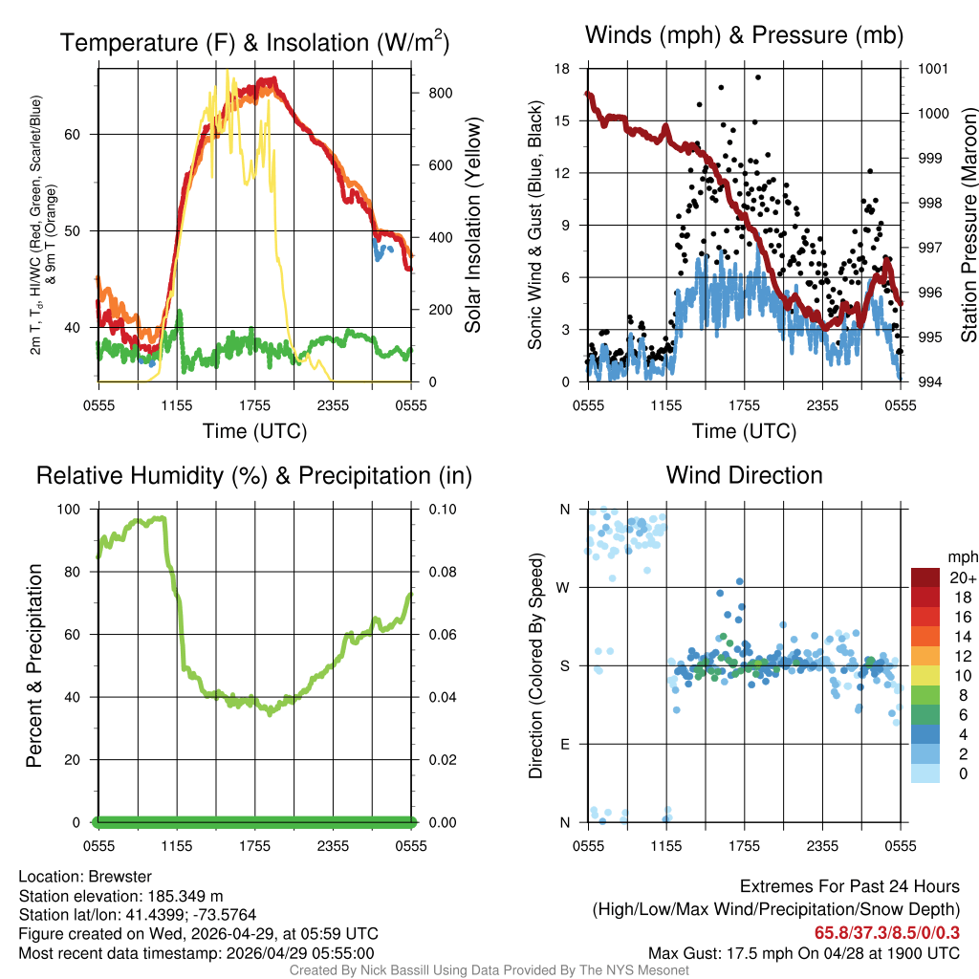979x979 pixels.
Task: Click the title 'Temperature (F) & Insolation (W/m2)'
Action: (x=254, y=42)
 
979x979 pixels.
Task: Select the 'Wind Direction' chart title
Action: (x=744, y=475)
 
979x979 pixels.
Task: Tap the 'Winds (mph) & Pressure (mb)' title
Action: (x=744, y=36)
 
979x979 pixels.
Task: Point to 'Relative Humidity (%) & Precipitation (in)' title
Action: (x=254, y=475)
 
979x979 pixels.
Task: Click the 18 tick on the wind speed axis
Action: (x=562, y=69)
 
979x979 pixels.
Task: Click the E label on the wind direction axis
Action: (x=565, y=744)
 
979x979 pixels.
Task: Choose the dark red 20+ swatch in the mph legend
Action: (x=926, y=577)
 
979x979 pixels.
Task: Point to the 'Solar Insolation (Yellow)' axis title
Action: (x=473, y=225)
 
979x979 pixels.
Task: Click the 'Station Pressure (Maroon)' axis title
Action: (x=968, y=225)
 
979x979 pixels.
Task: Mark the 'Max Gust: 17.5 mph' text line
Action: (x=803, y=952)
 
